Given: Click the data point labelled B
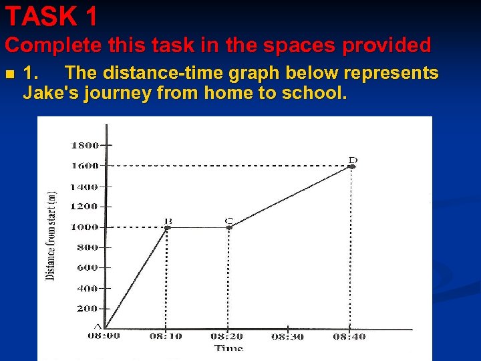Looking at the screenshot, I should [167, 227].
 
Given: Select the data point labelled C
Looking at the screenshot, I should [229, 227].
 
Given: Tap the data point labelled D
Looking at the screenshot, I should [352, 166].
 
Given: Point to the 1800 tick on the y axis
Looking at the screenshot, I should [85, 144].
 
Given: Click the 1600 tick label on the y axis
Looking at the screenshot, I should [85, 165].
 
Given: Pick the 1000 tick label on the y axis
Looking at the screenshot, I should [85, 227].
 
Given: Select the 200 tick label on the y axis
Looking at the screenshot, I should [88, 309].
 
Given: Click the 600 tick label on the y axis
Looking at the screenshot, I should [88, 267].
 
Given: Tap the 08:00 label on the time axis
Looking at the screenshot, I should [104, 336].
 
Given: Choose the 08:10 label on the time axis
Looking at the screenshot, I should [165, 336].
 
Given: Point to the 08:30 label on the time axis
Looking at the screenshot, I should [287, 336].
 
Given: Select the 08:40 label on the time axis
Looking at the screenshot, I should [349, 336].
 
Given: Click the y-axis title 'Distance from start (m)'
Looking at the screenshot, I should [51, 235].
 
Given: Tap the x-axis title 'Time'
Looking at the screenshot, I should [228, 348].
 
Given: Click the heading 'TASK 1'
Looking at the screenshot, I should [51, 15].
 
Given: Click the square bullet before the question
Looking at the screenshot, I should [9, 73].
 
